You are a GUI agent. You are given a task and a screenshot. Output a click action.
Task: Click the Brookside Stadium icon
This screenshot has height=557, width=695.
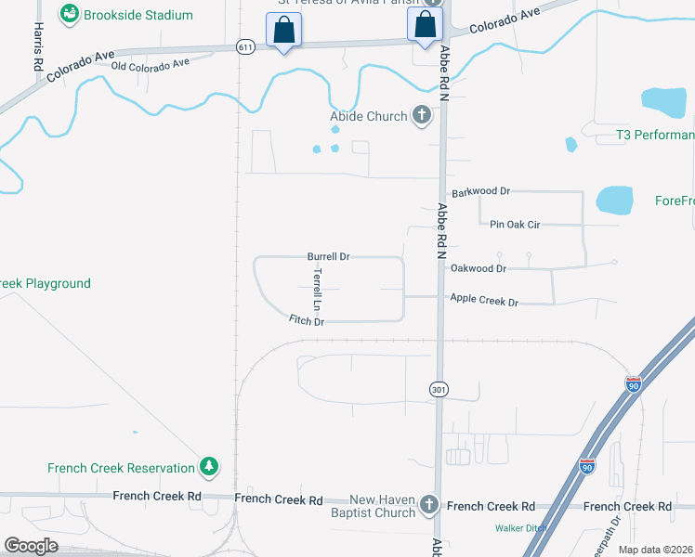pos(70,15)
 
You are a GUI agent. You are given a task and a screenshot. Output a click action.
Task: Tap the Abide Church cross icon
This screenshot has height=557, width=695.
pos(422,116)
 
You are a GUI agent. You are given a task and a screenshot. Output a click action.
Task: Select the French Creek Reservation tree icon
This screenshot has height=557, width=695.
pos(210,468)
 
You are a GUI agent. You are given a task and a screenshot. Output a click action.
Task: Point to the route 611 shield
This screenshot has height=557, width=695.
pos(244,47)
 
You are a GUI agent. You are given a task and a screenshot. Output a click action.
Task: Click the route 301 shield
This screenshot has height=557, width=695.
pos(439,390)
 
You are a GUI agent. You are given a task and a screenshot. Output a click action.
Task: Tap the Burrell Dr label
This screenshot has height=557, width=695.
pos(328,256)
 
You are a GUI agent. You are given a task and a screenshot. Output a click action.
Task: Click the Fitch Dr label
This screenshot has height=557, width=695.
pos(307,321)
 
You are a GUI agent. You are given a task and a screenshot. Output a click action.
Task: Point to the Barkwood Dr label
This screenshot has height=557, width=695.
pos(485,191)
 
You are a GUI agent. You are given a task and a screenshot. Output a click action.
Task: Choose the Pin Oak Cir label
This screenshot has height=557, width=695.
pos(515,224)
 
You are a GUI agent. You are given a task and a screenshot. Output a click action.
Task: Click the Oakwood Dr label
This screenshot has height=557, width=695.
pos(478,268)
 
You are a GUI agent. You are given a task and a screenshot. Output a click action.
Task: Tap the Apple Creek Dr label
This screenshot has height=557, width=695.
pos(484,301)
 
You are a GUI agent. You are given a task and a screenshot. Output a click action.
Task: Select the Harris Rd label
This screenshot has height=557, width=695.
pos(39,47)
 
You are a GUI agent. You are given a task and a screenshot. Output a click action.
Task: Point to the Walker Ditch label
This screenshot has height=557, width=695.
pos(519,528)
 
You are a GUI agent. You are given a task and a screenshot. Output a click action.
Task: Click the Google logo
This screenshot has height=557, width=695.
pos(31,545)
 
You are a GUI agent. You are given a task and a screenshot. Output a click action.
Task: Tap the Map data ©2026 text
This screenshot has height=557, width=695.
pos(656,550)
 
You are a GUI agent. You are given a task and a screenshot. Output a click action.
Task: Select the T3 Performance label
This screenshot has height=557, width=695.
pos(655,136)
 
